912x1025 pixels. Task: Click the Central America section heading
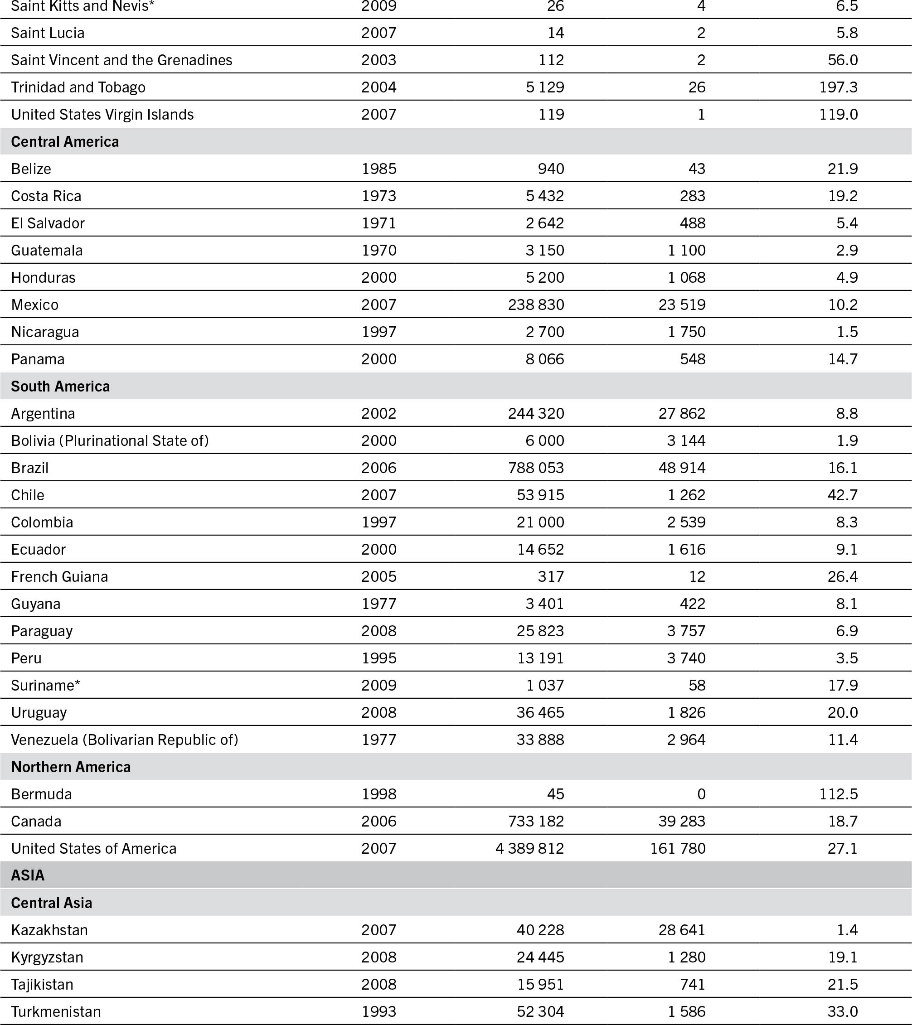pyautogui.click(x=65, y=141)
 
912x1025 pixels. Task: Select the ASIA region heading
pyautogui.click(x=28, y=875)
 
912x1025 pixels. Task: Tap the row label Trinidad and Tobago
pyautogui.click(x=78, y=87)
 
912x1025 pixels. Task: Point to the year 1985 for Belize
pyautogui.click(x=379, y=169)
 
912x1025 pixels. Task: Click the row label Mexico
pyautogui.click(x=34, y=305)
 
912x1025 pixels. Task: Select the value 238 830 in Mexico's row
pyautogui.click(x=536, y=305)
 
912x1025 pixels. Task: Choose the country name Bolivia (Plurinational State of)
pyautogui.click(x=110, y=440)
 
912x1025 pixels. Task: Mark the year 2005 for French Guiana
pyautogui.click(x=379, y=576)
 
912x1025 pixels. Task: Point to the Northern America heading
pyautogui.click(x=71, y=767)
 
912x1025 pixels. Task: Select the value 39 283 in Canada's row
pyautogui.click(x=682, y=821)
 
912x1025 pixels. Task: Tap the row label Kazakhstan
pyautogui.click(x=49, y=930)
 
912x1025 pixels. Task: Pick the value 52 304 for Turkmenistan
pyautogui.click(x=540, y=1011)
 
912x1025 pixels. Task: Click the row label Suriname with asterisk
pyautogui.click(x=46, y=685)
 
